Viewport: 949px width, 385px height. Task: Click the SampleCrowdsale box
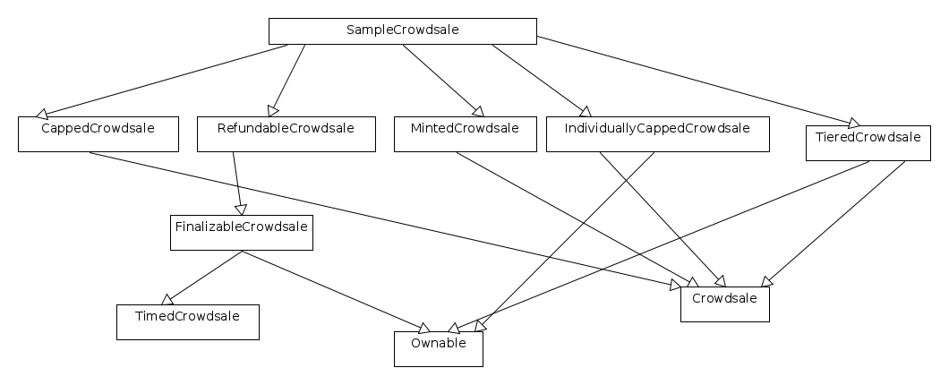(x=403, y=30)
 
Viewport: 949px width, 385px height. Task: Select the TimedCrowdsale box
(x=188, y=321)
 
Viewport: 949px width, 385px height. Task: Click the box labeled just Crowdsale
(x=725, y=304)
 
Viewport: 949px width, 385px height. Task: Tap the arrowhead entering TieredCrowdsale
(x=851, y=123)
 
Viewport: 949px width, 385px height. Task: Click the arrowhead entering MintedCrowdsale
(x=478, y=111)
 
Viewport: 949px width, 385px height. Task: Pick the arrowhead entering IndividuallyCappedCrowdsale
(x=586, y=111)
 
